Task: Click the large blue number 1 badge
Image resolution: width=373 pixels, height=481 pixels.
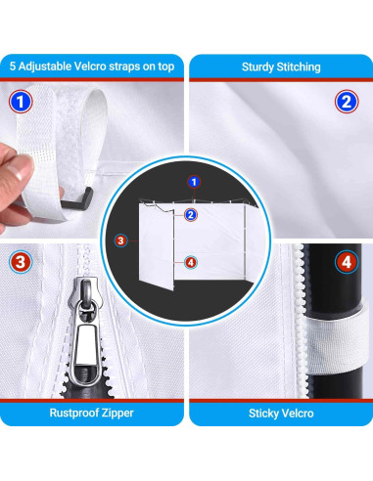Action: [21, 102]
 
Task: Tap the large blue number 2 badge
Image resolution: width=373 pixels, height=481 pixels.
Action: [347, 102]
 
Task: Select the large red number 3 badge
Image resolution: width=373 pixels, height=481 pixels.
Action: [21, 262]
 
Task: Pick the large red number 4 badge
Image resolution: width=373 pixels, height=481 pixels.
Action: [347, 262]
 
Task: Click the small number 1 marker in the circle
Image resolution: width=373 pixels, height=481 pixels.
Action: [194, 182]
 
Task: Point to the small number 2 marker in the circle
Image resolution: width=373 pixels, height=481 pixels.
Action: [191, 215]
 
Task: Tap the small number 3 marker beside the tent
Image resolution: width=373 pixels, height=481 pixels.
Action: [120, 240]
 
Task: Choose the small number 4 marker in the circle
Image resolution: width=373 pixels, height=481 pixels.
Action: [191, 262]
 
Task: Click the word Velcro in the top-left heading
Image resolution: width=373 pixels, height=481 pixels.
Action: [90, 66]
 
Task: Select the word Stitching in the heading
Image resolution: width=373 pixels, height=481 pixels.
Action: [299, 67]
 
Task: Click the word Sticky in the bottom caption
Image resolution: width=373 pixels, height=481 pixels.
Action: [261, 414]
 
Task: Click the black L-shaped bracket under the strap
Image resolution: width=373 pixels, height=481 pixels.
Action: [77, 199]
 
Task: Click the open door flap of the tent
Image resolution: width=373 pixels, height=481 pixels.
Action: [156, 246]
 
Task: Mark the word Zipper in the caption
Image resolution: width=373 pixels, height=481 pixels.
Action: [117, 414]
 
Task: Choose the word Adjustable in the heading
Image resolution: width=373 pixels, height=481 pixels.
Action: [45, 66]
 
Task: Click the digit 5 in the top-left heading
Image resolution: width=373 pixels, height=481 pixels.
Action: [13, 66]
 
